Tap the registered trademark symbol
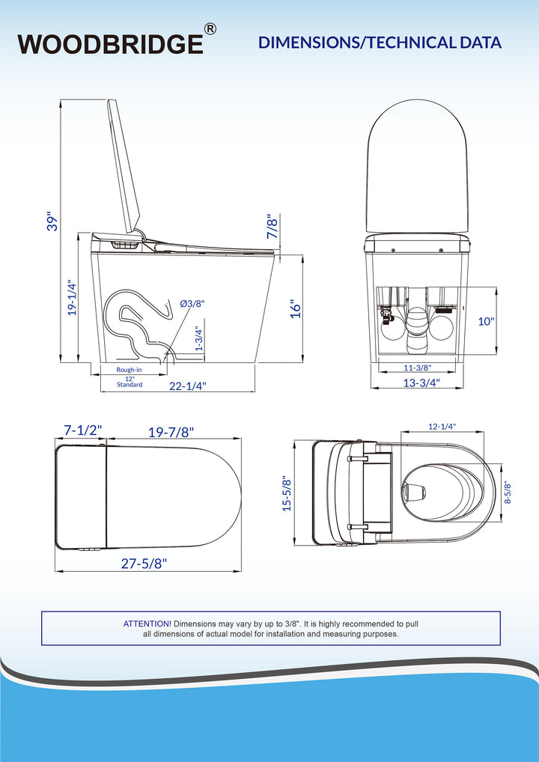tap(210, 29)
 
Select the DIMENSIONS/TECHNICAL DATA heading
tap(380, 42)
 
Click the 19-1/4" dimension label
tap(72, 297)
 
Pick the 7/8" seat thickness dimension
tap(273, 226)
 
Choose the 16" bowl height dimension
tap(296, 308)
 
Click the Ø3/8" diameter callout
tap(192, 304)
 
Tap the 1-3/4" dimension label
tap(198, 339)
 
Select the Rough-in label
tap(129, 369)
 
